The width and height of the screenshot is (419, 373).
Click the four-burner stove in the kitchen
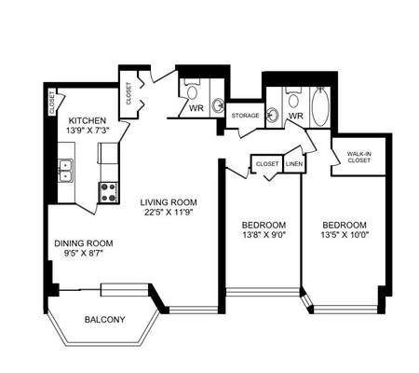tap(108, 191)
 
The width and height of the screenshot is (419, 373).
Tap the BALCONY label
tap(104, 320)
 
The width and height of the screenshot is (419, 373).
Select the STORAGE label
tap(245, 117)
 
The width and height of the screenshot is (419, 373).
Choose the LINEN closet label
tap(294, 164)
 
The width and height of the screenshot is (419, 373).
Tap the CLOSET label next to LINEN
tap(268, 164)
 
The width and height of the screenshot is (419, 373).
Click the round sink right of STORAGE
tap(273, 116)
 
